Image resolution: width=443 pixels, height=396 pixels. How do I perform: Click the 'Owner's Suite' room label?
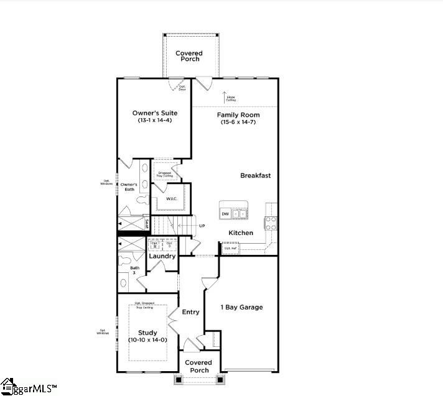click(x=155, y=113)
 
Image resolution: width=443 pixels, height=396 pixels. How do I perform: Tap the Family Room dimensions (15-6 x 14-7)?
click(x=238, y=122)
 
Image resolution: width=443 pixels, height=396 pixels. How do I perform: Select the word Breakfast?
click(x=256, y=176)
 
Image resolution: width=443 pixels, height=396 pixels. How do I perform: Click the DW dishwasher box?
click(x=225, y=214)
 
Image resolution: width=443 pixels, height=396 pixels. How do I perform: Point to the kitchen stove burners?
click(x=271, y=223)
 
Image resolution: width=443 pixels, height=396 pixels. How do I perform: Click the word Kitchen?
click(x=241, y=233)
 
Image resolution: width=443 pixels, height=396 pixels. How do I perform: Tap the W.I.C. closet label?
click(x=172, y=199)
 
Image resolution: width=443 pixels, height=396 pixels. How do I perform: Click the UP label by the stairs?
click(x=202, y=226)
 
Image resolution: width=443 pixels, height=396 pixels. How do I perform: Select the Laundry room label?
click(x=162, y=256)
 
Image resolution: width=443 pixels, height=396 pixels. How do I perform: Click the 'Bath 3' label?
click(x=134, y=270)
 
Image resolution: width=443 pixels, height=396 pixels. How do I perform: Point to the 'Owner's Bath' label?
click(x=129, y=187)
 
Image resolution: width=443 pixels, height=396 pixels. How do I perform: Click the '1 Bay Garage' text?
click(x=242, y=307)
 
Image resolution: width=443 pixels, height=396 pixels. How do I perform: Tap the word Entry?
click(x=191, y=312)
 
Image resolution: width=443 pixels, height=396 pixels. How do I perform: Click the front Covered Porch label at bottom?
click(x=199, y=366)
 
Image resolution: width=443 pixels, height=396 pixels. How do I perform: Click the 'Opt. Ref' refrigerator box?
click(x=231, y=248)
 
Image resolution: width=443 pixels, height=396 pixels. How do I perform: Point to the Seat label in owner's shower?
click(x=147, y=223)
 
